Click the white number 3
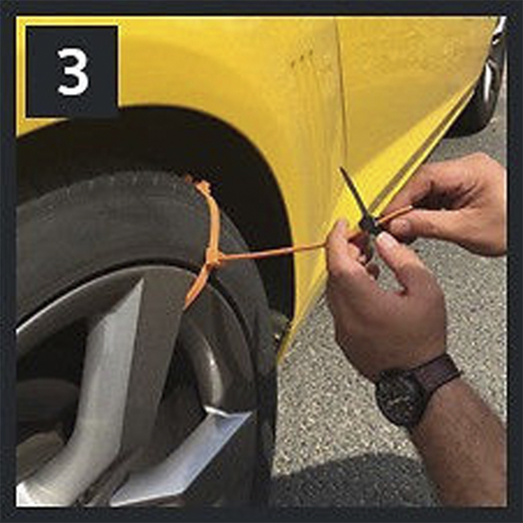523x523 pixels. click(x=73, y=72)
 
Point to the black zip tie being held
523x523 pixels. click(x=360, y=209)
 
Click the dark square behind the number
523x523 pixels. click(x=72, y=71)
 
